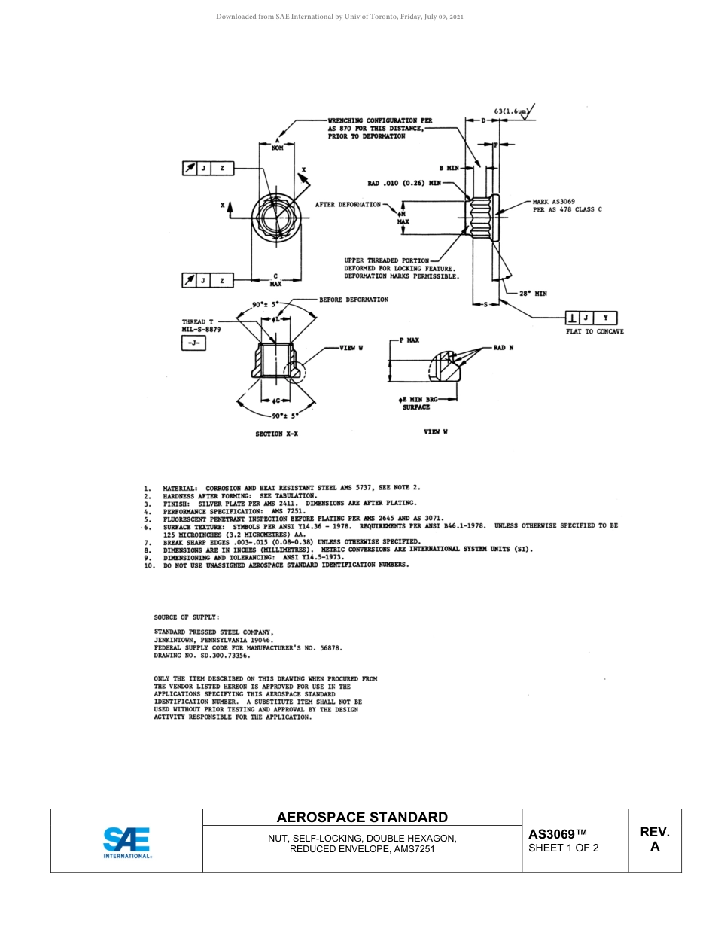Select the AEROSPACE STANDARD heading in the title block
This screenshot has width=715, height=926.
pos(362,818)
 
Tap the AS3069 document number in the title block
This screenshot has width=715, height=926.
pos(557,834)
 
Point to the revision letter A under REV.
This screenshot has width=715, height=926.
pos(654,846)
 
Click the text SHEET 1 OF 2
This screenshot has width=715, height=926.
pos(564,848)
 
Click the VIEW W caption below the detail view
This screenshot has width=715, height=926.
pos(436,431)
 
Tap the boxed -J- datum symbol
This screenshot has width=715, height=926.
pos(193,343)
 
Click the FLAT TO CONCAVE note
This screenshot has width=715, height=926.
pos(595,331)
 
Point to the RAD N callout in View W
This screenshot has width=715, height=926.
pos(504,347)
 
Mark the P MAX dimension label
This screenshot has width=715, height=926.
pos(407,341)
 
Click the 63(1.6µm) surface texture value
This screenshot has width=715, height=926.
pos(513,111)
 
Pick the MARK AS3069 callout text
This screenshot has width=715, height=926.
pos(554,201)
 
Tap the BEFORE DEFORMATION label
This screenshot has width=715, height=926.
pos(354,300)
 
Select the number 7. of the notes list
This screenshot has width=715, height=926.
pos(148,542)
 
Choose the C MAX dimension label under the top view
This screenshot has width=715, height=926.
pos(275,280)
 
